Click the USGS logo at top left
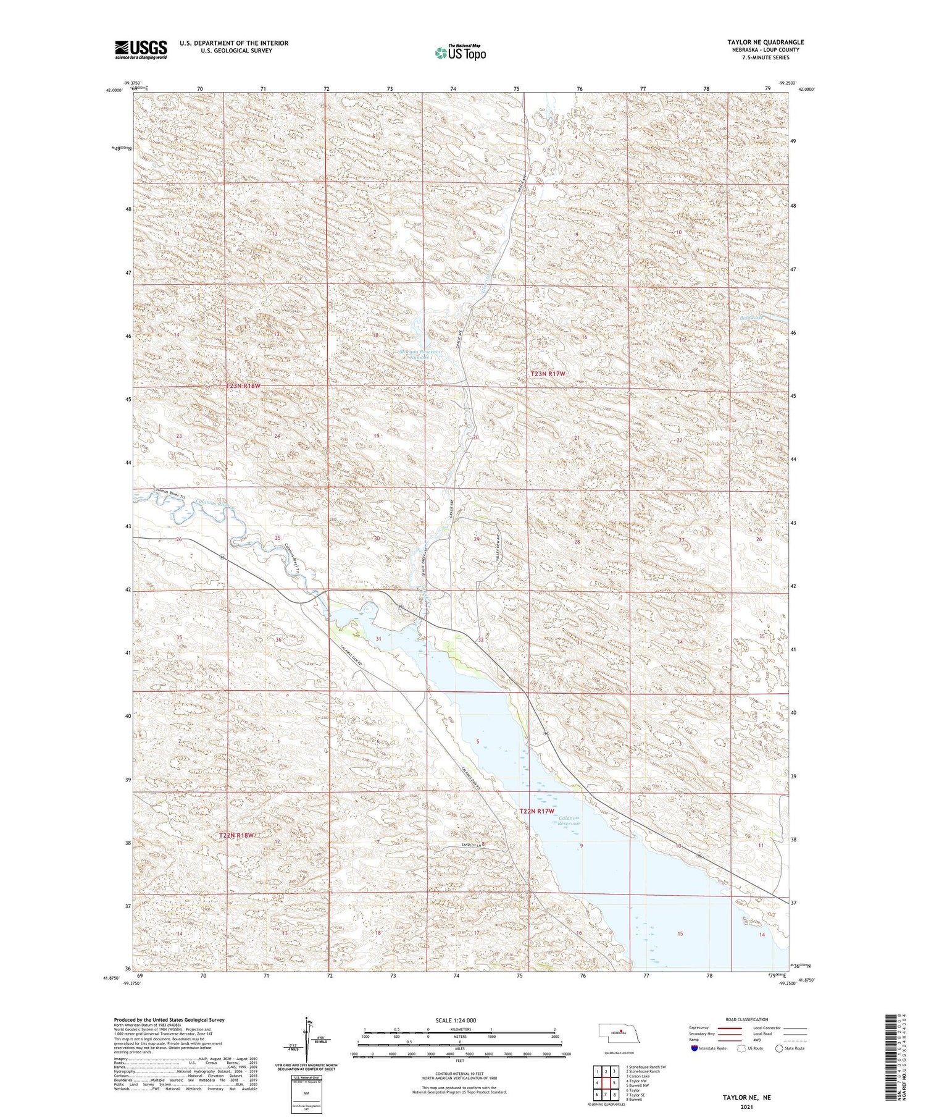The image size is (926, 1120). (x=141, y=49)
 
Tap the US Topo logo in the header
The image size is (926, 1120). (x=460, y=53)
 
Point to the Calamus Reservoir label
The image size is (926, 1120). (x=569, y=820)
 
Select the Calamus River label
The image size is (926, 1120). (x=211, y=504)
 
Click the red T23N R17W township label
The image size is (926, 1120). (x=548, y=374)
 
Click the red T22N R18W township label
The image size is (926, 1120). (x=236, y=835)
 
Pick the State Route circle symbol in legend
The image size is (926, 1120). (x=779, y=1048)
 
